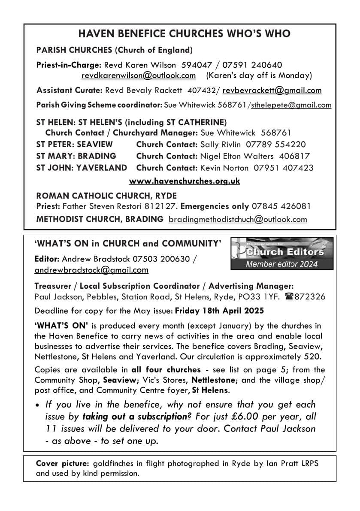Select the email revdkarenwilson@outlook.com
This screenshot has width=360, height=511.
click(x=139, y=76)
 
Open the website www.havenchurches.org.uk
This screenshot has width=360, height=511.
click(x=185, y=181)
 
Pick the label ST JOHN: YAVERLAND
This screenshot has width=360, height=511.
click(x=82, y=168)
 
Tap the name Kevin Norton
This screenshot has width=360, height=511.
click(x=224, y=168)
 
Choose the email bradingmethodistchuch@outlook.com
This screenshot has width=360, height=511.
click(x=238, y=220)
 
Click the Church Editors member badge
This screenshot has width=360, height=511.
click(x=282, y=254)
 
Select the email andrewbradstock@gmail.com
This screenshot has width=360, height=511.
click(x=91, y=270)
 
